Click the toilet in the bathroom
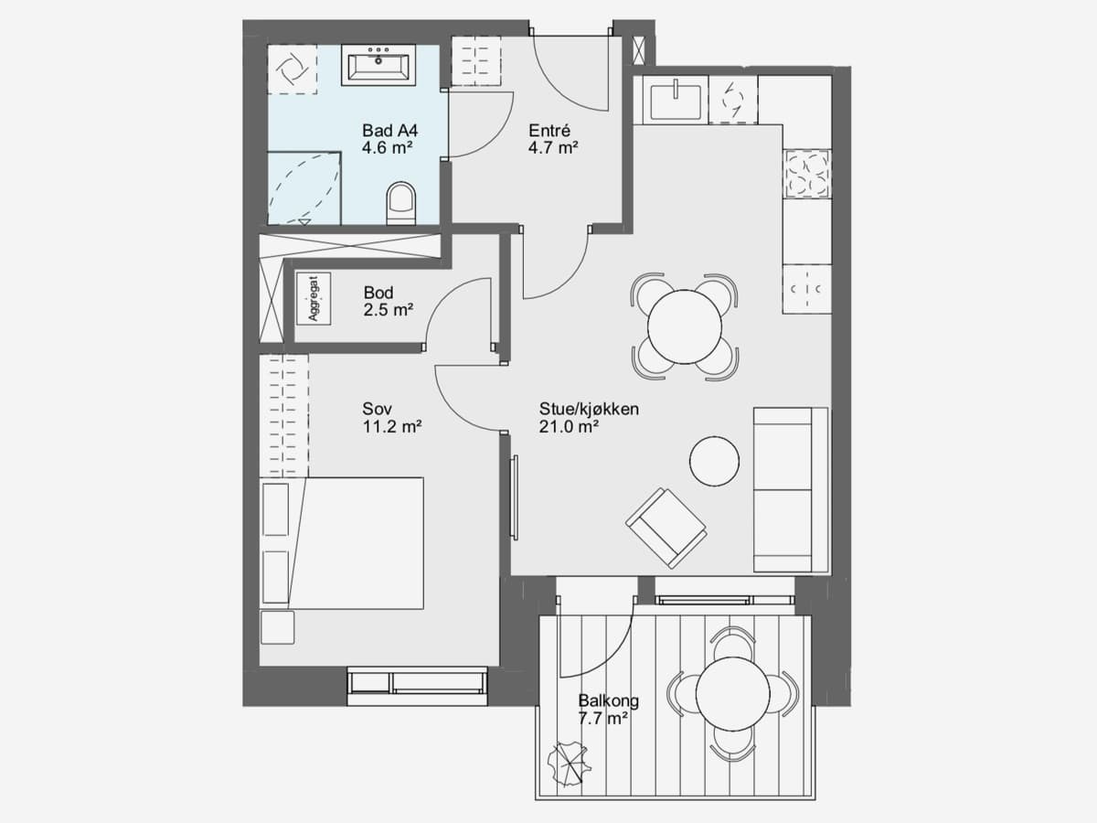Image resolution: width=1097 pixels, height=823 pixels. pyautogui.click(x=400, y=203)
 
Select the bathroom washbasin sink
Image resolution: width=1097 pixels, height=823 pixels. pyautogui.click(x=378, y=64)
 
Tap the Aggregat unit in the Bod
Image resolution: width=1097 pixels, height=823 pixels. pyautogui.click(x=314, y=298)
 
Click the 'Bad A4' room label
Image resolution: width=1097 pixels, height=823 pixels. pyautogui.click(x=389, y=131)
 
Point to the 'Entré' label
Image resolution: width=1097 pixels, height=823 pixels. pyautogui.click(x=549, y=131)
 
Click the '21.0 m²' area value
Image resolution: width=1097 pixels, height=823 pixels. pyautogui.click(x=569, y=427)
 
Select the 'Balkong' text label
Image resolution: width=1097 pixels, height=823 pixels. pyautogui.click(x=608, y=700)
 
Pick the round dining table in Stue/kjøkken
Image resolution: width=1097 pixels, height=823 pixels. pyautogui.click(x=685, y=326)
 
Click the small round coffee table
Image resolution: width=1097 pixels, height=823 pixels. pyautogui.click(x=714, y=461)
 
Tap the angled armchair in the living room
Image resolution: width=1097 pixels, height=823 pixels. pyautogui.click(x=666, y=529)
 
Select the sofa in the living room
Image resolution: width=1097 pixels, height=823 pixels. pyautogui.click(x=791, y=490)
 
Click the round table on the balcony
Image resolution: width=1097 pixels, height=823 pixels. pyautogui.click(x=732, y=695)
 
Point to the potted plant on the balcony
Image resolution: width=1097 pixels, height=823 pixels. pyautogui.click(x=569, y=764)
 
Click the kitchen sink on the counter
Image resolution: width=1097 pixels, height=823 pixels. pyautogui.click(x=676, y=102)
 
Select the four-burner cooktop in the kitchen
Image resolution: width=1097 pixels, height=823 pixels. pyautogui.click(x=806, y=174)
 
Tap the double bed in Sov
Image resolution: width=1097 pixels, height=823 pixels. pyautogui.click(x=341, y=543)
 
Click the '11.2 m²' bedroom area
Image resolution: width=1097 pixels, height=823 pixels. pyautogui.click(x=392, y=427)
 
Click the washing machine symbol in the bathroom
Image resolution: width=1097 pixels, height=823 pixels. pyautogui.click(x=292, y=69)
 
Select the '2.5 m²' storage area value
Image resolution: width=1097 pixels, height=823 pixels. pyautogui.click(x=389, y=310)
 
